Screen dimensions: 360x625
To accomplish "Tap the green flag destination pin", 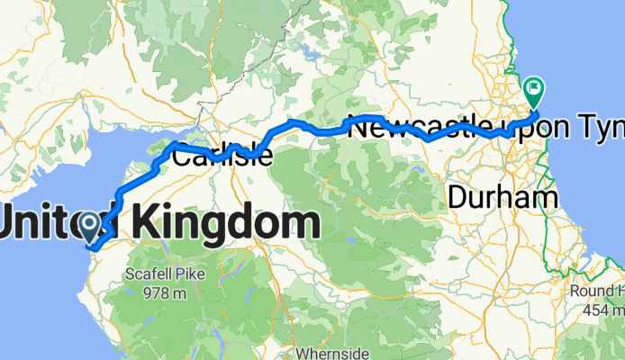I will [533, 93].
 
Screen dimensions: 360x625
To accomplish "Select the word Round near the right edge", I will [592, 292].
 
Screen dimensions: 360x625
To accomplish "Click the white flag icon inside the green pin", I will [534, 88].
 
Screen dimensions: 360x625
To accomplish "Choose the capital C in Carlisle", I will [180, 156].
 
